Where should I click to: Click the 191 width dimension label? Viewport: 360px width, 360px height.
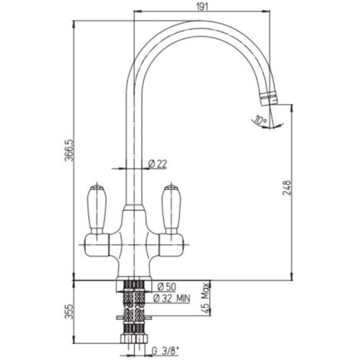click(202, 6)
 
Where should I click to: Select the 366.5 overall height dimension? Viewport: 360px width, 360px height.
click(69, 150)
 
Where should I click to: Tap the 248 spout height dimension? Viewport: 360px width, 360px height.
click(286, 188)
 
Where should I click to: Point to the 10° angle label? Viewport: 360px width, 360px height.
click(260, 120)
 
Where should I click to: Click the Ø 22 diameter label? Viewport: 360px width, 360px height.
click(158, 164)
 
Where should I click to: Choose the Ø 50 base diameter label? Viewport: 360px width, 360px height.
click(167, 287)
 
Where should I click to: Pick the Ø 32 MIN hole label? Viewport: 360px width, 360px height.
click(172, 298)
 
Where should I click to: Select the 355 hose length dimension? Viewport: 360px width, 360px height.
click(69, 312)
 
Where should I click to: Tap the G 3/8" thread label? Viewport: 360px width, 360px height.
click(165, 351)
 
